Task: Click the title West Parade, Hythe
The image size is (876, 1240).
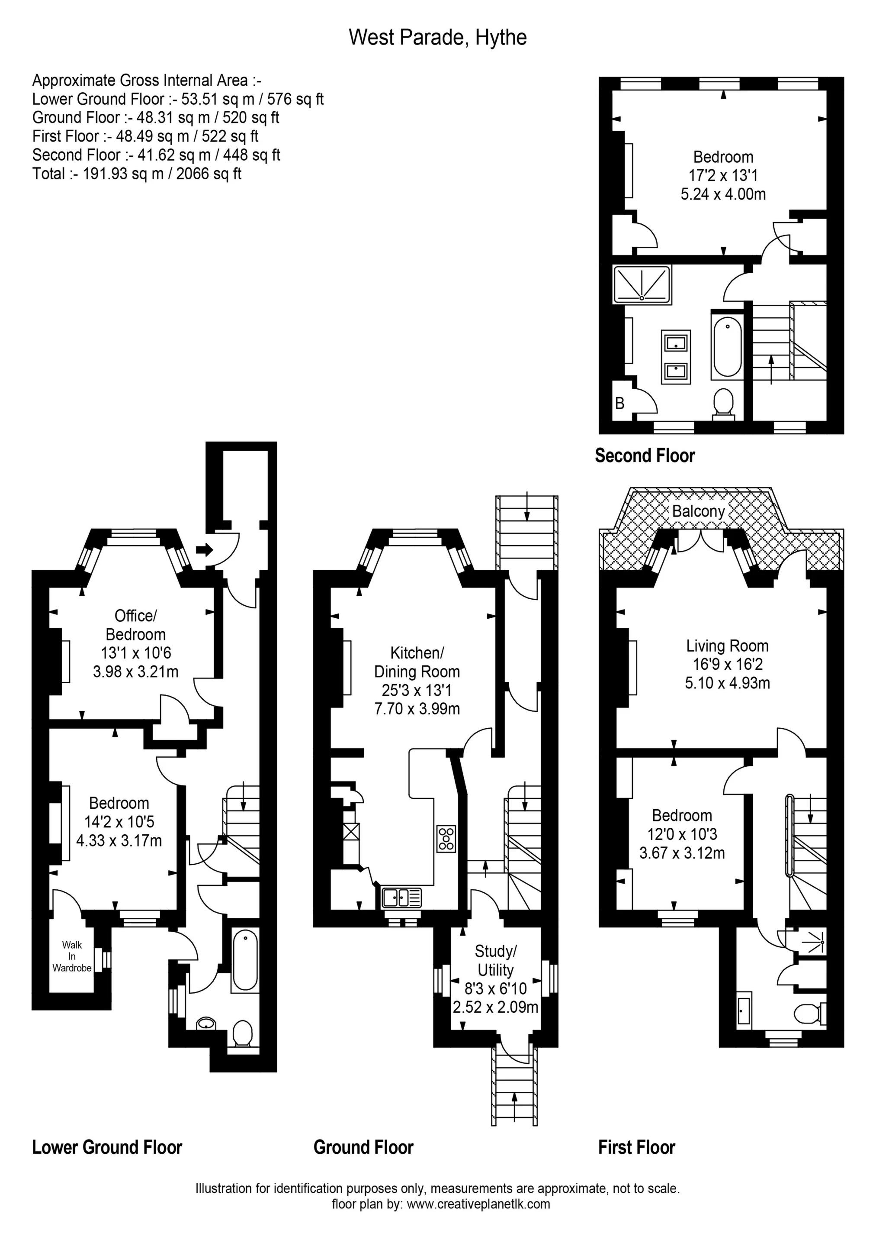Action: pos(437,37)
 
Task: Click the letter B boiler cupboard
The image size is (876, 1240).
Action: pos(619,404)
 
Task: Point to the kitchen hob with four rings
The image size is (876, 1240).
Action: pos(446,839)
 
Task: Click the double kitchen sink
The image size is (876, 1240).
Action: pos(401,898)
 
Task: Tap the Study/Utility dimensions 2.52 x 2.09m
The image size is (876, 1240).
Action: pos(495,1007)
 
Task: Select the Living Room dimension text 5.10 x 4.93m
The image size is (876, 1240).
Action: pos(727,683)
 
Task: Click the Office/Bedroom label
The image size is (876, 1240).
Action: pos(135,625)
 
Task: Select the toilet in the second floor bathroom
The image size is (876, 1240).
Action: pos(723,404)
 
